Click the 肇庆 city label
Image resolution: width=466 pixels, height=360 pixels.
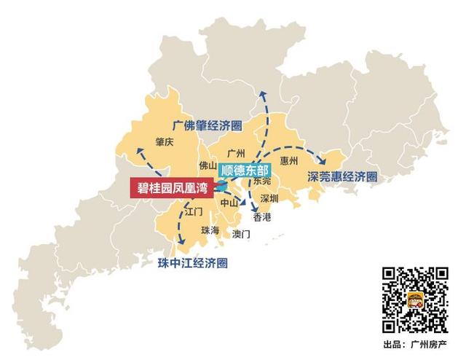point(165,142)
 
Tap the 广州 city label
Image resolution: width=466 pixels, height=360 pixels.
point(235,153)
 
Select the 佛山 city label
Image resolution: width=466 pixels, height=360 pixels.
point(208,165)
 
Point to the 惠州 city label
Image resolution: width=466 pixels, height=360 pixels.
point(289,160)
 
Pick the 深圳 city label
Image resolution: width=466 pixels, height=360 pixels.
point(269,198)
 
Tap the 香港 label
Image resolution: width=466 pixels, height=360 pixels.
point(261,217)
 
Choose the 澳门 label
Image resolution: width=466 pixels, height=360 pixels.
point(241,234)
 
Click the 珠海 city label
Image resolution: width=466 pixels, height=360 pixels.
point(210,230)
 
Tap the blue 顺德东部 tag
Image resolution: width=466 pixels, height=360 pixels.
point(244,169)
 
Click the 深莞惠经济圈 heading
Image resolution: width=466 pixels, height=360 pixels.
point(342,176)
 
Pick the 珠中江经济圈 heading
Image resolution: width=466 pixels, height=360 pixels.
point(192,262)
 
